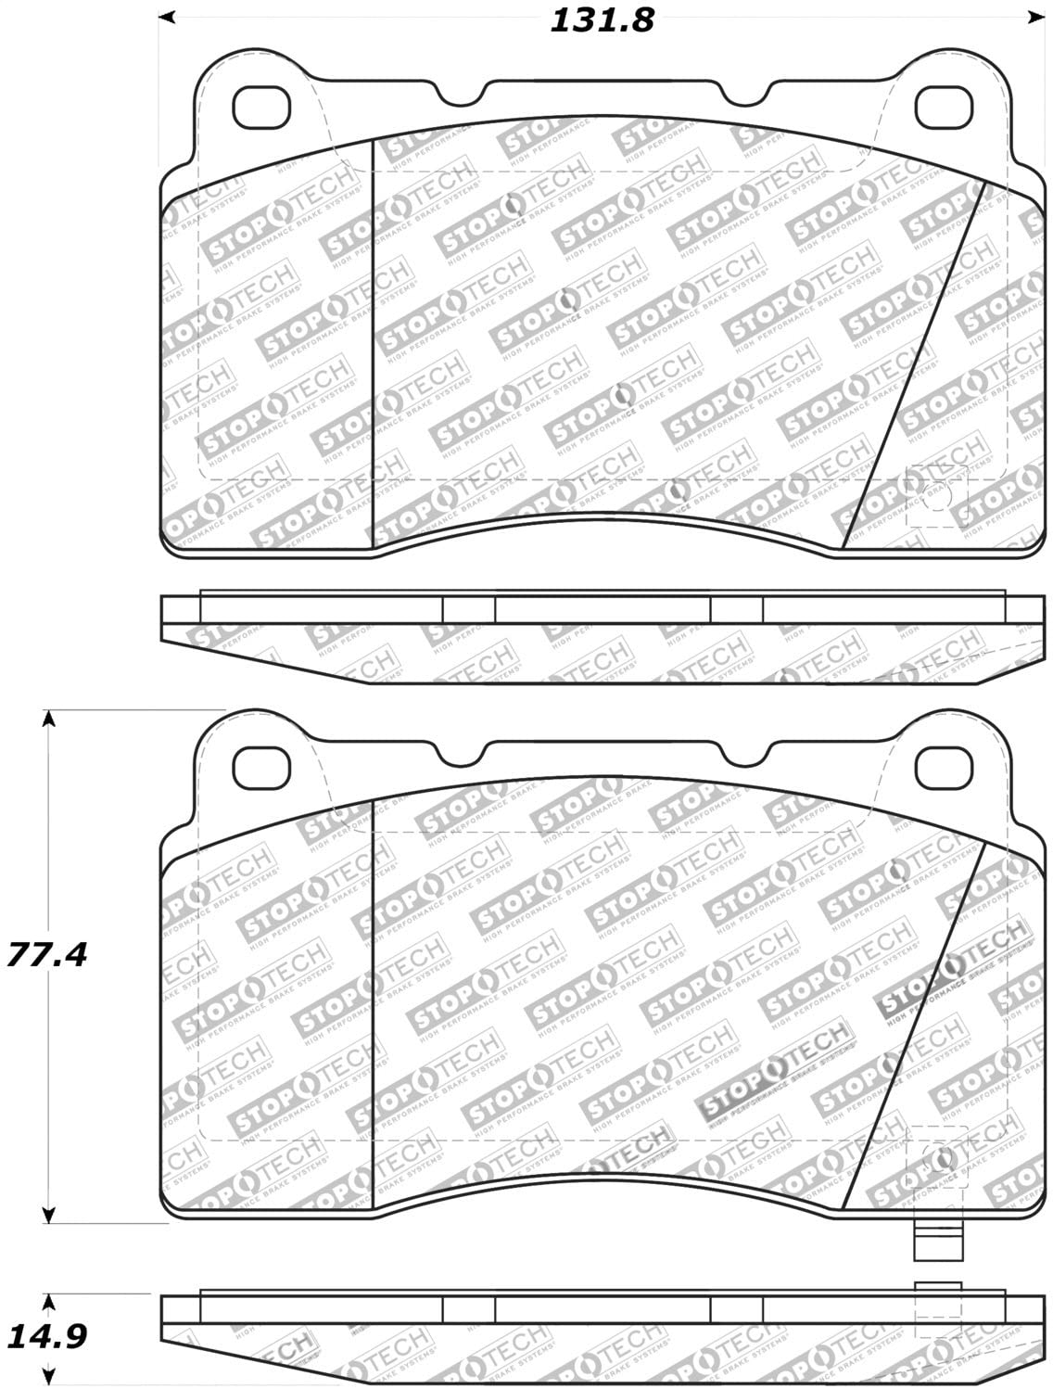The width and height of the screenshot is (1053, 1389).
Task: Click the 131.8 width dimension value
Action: (602, 20)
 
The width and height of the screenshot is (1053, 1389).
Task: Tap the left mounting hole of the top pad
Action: (260, 108)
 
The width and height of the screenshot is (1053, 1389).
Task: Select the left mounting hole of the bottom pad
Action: (260, 766)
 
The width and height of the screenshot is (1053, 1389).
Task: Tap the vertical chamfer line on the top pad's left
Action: (372, 343)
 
